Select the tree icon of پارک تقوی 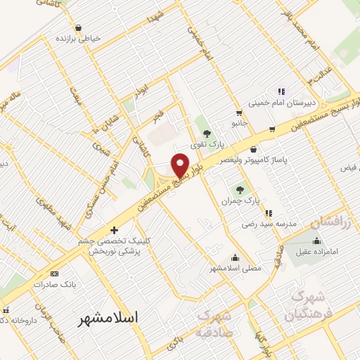click(x=207, y=134)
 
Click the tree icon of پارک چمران click(x=239, y=188)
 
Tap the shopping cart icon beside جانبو click(x=239, y=112)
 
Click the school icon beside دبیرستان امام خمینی click(x=281, y=91)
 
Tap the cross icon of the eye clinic click(x=114, y=229)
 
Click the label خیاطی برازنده click(x=79, y=37)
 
